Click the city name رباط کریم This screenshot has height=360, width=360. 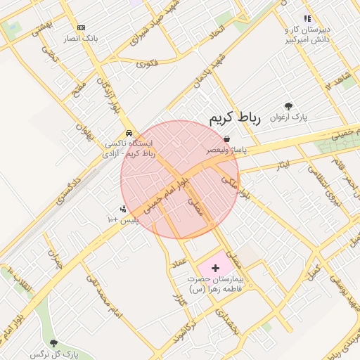pyautogui.click(x=235, y=117)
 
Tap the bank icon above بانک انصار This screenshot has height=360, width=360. pyautogui.click(x=82, y=27)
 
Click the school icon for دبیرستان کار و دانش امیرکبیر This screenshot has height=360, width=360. pyautogui.click(x=307, y=18)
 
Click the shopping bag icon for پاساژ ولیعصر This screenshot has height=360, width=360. pyautogui.click(x=226, y=139)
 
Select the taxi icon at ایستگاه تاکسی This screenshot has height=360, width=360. pyautogui.click(x=129, y=133)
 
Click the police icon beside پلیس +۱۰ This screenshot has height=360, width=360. pyautogui.click(x=124, y=210)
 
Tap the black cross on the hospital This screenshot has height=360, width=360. pyautogui.click(x=215, y=268)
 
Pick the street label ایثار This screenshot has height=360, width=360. pyautogui.click(x=282, y=165)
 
